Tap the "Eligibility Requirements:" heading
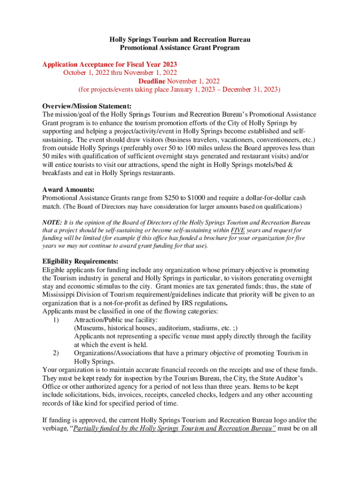pos(80,261)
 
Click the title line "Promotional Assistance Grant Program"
pos(180,48)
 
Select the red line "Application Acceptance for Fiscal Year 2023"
pos(109,64)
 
